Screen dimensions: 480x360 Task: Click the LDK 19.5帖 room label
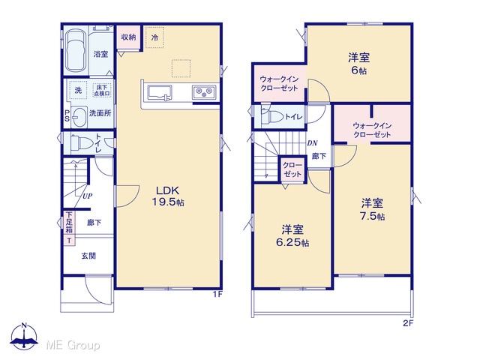point(168,196)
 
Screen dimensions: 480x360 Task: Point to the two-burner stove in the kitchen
point(204,91)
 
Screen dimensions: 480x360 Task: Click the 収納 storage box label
point(128,37)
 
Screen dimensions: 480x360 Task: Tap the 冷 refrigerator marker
point(154,37)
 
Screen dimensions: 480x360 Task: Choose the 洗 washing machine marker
point(78,90)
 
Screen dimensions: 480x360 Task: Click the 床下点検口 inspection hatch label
point(102,91)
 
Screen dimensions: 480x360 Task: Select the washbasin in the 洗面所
point(79,117)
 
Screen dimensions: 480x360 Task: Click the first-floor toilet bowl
point(82,142)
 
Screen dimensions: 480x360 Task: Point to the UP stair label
point(87,196)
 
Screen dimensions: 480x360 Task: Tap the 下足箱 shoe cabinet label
point(70,222)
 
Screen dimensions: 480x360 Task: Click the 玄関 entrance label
point(88,256)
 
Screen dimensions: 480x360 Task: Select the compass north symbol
point(24,336)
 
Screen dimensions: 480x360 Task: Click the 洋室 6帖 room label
point(358,64)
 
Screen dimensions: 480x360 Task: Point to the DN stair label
point(312,143)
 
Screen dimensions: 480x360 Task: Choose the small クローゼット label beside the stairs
point(292,169)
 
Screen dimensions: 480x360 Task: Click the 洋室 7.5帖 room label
point(373,210)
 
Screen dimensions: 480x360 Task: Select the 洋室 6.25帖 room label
point(292,236)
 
